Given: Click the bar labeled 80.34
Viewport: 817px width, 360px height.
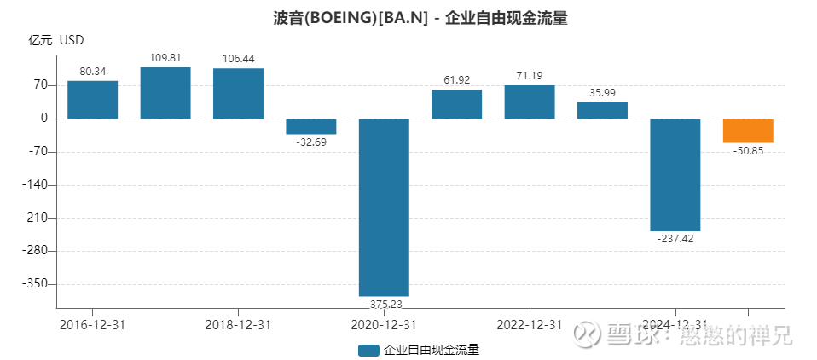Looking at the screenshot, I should [x=92, y=100].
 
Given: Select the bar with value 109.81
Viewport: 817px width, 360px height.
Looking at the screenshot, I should [x=165, y=92].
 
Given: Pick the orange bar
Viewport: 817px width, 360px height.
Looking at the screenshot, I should [x=748, y=131].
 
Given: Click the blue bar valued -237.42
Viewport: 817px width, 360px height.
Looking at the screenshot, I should [x=675, y=175].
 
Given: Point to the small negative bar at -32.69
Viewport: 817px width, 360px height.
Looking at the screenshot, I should [x=311, y=126].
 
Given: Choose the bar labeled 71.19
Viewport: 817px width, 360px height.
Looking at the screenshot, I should [x=530, y=102].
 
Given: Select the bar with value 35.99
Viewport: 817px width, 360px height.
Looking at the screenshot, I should [x=602, y=110].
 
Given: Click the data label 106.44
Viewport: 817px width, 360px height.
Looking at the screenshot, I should [x=238, y=59].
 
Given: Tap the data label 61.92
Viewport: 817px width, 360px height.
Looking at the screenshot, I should [x=456, y=79].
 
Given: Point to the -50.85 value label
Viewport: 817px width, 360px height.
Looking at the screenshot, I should [x=748, y=150].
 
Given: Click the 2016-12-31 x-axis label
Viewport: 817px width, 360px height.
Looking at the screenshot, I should [x=92, y=325].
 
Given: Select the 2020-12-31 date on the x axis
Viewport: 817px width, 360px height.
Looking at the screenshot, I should [x=384, y=325].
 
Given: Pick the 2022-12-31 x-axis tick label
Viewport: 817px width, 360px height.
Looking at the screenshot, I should [x=530, y=325].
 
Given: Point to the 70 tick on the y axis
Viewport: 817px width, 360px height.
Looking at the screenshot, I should [x=39, y=85].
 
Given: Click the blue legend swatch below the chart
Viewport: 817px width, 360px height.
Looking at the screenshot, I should [x=368, y=350].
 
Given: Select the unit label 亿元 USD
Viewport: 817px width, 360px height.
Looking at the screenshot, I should [x=56, y=40].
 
